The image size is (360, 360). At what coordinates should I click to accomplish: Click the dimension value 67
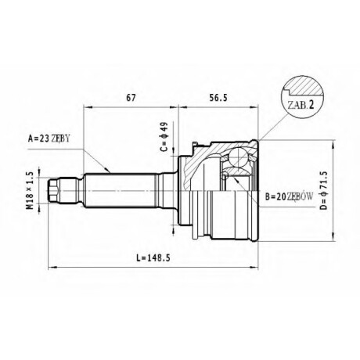tap(131, 98)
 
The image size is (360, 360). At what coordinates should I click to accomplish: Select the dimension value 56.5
tap(218, 98)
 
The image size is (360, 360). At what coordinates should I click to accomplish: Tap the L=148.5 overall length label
tap(153, 257)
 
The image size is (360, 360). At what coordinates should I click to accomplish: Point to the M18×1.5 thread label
tap(31, 190)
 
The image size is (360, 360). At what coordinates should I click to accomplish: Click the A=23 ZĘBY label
tap(49, 139)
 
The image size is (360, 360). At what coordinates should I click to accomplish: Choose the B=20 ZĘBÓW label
tap(289, 196)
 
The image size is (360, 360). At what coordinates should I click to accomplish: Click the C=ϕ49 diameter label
tap(164, 137)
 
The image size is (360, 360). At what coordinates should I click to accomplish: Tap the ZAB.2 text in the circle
tap(301, 105)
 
